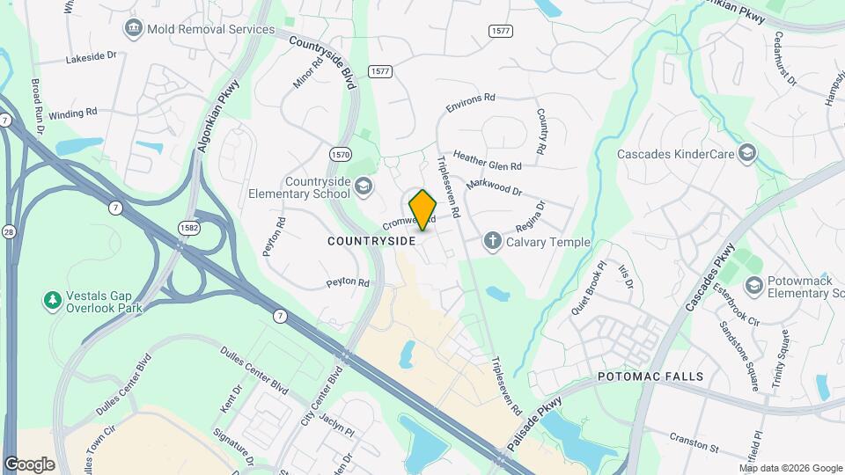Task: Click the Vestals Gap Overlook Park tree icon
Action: point(53,301)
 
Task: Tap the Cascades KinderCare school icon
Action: point(747,154)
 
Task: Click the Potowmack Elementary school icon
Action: point(753,285)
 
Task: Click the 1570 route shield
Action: point(341,155)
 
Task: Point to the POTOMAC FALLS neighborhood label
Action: point(650,376)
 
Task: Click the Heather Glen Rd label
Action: point(488,159)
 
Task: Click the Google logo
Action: point(29,464)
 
